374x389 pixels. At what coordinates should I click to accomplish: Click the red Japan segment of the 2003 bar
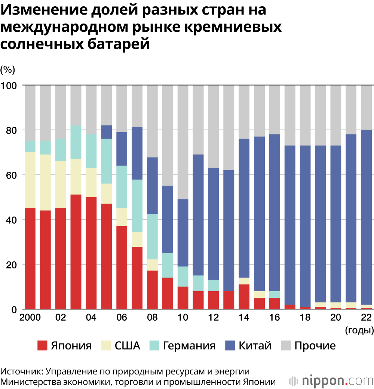click(76, 252)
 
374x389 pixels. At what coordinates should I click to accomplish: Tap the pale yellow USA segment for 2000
click(30, 180)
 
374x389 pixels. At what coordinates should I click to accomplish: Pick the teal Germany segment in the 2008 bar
click(152, 236)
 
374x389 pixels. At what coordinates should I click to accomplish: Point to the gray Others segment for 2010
click(183, 142)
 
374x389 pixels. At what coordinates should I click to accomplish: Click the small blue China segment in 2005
click(107, 132)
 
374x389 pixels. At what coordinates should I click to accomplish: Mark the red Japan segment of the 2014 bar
click(244, 296)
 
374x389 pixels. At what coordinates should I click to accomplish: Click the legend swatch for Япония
click(43, 346)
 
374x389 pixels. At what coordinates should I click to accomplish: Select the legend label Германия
click(189, 346)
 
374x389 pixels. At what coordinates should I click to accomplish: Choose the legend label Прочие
click(315, 346)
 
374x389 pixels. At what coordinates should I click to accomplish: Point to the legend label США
click(127, 346)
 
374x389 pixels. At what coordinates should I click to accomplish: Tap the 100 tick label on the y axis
click(9, 85)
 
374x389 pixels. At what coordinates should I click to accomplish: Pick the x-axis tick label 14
click(244, 318)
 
